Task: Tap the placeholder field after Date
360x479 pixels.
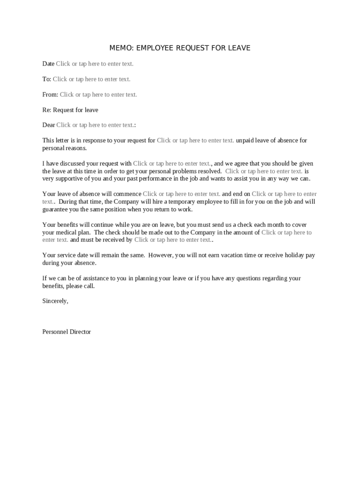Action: pos(94,64)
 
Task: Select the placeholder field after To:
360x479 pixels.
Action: pos(91,79)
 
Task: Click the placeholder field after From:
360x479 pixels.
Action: pos(98,94)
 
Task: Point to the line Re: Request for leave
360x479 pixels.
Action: pos(70,110)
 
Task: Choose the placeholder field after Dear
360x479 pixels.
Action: pos(95,125)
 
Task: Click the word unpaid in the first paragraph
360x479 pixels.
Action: pos(246,140)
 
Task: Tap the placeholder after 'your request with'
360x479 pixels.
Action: pos(172,164)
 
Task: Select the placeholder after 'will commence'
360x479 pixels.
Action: pos(181,194)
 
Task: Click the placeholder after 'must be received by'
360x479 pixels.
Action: pos(173,240)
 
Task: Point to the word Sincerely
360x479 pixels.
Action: pos(55,301)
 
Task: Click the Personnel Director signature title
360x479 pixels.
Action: pos(66,332)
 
